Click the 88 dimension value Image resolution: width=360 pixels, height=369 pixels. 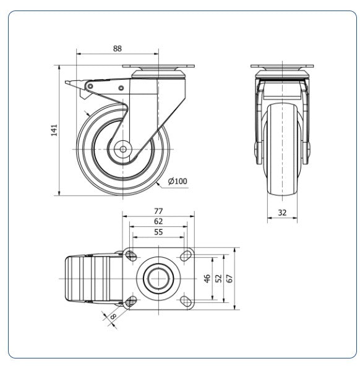coord(118,48)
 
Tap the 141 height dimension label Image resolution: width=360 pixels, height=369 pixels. coord(54,130)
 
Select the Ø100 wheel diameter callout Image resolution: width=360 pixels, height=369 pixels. coord(178,181)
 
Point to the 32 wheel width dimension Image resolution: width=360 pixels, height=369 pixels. coord(282,213)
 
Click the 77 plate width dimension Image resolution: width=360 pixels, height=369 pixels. coord(158,211)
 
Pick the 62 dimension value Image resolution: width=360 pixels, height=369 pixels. coord(158,221)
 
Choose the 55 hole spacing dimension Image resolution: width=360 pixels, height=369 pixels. coord(158,232)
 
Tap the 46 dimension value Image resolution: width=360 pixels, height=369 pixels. coord(207,278)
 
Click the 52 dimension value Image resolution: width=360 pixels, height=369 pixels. coord(218,278)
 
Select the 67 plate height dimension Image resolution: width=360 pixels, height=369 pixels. coord(229,278)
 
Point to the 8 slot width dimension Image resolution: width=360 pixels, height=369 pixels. coord(113,316)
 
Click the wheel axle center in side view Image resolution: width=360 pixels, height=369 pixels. coord(122,149)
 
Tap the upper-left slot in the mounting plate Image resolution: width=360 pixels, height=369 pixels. coord(131,256)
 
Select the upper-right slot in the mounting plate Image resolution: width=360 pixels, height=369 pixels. coord(186,256)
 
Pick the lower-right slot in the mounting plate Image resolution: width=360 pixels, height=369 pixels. coord(186,301)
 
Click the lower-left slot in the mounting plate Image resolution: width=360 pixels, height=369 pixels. coord(131,301)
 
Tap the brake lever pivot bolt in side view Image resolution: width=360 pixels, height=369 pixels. coord(90,86)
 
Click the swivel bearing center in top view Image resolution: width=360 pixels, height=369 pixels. coord(158,279)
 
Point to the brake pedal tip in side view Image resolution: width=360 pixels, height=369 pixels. coord(67,82)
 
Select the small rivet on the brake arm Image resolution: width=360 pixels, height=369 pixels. coord(121,88)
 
